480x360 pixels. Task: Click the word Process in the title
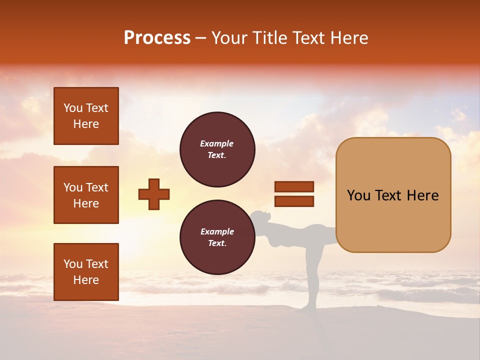(x=157, y=37)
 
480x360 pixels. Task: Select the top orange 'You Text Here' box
(x=86, y=116)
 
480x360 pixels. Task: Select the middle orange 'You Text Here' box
(x=86, y=195)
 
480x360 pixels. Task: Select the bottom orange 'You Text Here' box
(x=86, y=272)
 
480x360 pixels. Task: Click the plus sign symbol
(x=154, y=194)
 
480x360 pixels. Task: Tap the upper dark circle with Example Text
(x=217, y=149)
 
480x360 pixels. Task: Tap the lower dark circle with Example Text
(x=217, y=237)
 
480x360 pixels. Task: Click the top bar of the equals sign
(x=294, y=186)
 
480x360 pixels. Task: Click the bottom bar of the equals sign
(x=294, y=201)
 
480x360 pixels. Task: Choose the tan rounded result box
(x=393, y=195)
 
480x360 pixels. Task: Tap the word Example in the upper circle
(x=217, y=143)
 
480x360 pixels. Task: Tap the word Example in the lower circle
(x=217, y=231)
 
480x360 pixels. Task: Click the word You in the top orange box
(x=72, y=108)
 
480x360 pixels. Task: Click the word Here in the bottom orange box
(x=86, y=280)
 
